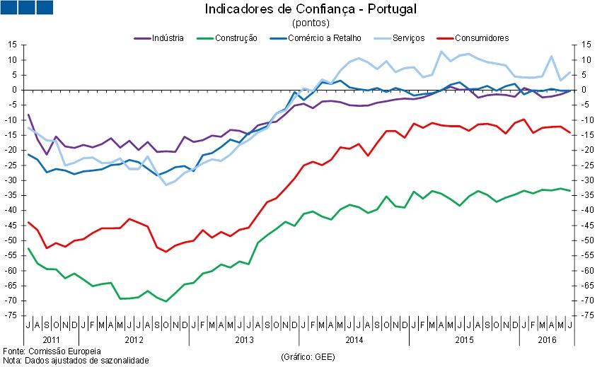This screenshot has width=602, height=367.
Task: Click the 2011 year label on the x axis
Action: click(52, 340)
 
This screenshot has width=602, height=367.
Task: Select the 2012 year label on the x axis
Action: click(134, 340)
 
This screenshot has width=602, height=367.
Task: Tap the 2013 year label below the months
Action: click(244, 340)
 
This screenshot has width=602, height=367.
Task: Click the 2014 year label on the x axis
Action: click(354, 340)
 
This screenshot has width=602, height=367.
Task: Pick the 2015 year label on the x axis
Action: click(463, 340)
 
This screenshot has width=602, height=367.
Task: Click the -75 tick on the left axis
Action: click(13, 315)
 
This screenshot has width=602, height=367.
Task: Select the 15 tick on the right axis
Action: click(585, 45)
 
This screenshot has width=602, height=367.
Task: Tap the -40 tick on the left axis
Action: click(13, 210)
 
